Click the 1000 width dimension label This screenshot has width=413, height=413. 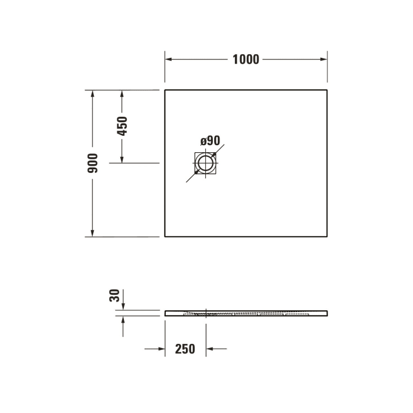(x=245, y=60)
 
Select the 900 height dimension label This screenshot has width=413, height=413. (x=93, y=163)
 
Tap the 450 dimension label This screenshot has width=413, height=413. (x=122, y=126)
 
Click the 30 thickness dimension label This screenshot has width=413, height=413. (x=115, y=295)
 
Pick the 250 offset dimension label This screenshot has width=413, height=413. (x=185, y=349)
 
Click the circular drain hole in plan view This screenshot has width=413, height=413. (x=206, y=163)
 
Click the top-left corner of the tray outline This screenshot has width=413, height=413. (x=165, y=90)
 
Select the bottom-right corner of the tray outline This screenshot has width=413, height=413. (x=327, y=237)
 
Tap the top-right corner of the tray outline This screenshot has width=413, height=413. (x=327, y=90)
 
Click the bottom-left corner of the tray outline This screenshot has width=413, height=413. (x=165, y=237)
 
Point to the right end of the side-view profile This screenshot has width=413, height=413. (x=326, y=312)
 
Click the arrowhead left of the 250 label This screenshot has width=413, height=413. (x=162, y=349)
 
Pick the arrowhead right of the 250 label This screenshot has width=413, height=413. (x=209, y=349)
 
